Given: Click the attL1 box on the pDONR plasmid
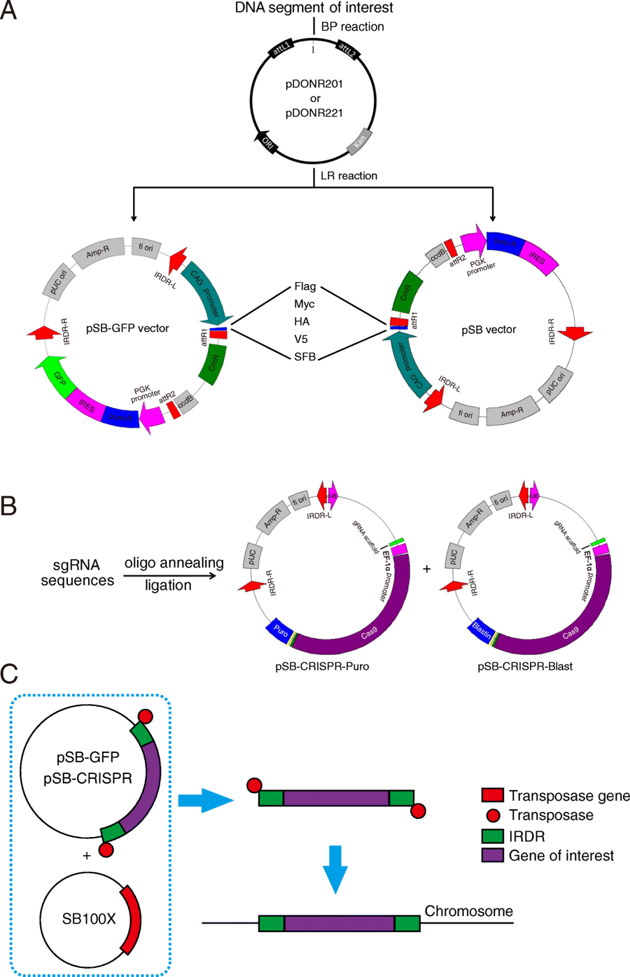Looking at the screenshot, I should tap(281, 50).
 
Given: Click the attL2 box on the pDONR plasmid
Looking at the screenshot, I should tap(346, 49).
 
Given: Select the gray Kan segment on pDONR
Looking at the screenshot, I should tap(359, 143).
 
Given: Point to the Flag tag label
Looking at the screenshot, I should tap(305, 286).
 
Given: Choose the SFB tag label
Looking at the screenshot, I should tap(305, 357).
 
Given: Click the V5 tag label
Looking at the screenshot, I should tap(301, 339).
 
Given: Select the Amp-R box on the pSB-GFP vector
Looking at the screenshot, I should tap(98, 251).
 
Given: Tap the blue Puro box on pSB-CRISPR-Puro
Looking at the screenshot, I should tap(280, 628).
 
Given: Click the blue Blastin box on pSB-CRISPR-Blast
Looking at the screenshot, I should tap(481, 628).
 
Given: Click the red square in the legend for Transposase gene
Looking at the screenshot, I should tap(492, 795).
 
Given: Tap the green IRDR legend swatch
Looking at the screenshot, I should tap(492, 836).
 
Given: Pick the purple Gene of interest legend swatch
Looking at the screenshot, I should tap(492, 855).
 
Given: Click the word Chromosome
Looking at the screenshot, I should tap(468, 911).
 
